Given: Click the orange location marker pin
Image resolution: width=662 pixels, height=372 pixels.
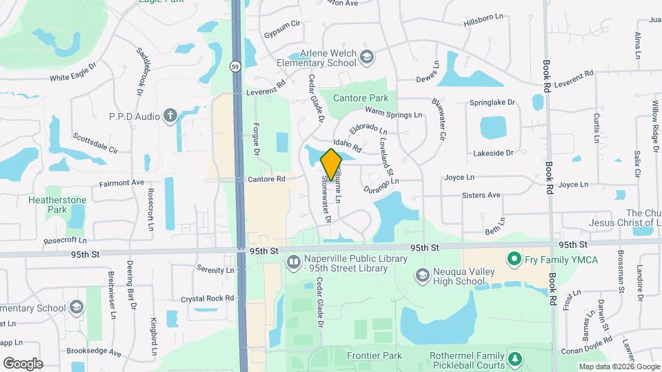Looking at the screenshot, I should click(331, 163).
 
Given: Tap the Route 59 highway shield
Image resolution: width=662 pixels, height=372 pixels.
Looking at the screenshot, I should click(235, 66).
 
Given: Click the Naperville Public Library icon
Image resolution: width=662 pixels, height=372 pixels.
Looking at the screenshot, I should click(292, 261).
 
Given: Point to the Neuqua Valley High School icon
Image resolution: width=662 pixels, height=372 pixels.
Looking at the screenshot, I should click(421, 276).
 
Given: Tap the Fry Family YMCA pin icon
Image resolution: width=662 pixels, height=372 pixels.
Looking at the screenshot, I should click(513, 260).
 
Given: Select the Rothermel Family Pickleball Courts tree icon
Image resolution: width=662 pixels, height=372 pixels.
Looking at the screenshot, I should click(513, 358).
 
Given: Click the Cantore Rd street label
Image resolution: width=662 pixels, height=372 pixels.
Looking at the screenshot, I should click(266, 179).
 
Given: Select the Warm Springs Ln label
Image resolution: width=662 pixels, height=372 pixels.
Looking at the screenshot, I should click(393, 112).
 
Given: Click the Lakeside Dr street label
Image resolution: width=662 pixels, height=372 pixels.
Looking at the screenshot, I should click(493, 153).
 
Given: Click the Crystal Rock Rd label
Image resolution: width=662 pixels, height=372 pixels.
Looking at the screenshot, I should click(207, 298).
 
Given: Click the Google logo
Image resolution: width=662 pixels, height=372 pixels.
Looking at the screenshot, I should click(23, 363).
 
